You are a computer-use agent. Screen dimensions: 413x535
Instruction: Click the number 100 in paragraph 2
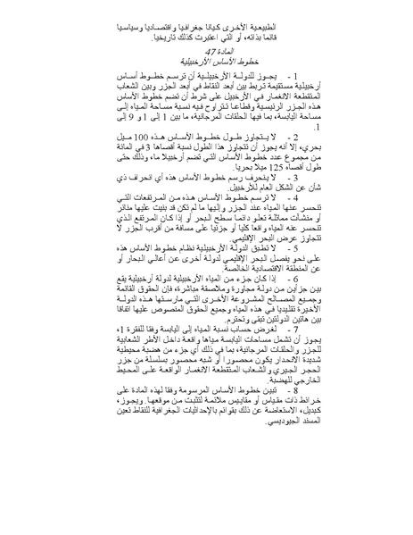tap(145, 160)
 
